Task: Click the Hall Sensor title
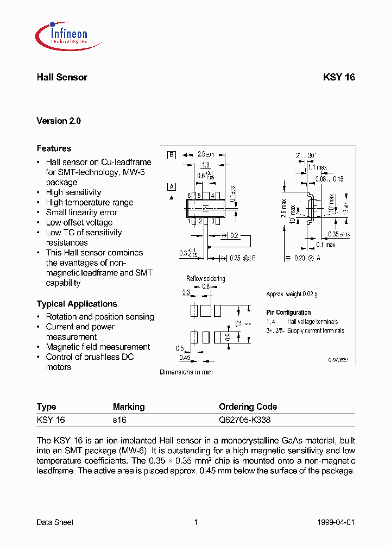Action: (x=62, y=77)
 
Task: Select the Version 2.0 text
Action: (x=59, y=121)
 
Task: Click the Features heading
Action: (x=54, y=148)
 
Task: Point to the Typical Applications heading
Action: (x=77, y=304)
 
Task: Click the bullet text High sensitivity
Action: (x=73, y=192)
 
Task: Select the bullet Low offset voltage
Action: (x=79, y=222)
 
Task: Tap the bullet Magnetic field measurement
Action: (x=98, y=347)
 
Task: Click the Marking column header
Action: (x=129, y=407)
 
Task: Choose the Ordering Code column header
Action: (x=248, y=407)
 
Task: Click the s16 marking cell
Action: (x=119, y=420)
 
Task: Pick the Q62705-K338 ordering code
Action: (x=244, y=420)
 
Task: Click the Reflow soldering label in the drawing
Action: (x=205, y=279)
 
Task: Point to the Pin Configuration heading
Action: (x=288, y=312)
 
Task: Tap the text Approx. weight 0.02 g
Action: (x=292, y=294)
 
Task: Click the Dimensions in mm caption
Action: (x=186, y=372)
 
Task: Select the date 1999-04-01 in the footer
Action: (x=335, y=522)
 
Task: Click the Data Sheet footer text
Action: (x=55, y=522)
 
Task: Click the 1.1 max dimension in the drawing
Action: (x=318, y=167)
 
